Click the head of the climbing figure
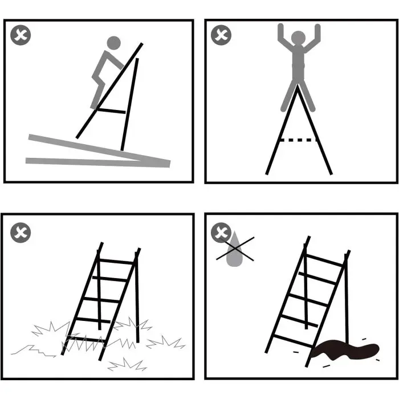114,43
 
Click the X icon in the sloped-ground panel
21,36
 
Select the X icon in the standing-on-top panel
221,35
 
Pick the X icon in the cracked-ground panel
21,232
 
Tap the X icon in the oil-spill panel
221,233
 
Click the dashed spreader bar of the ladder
298,140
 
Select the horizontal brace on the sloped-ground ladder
112,110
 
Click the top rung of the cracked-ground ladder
117,262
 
